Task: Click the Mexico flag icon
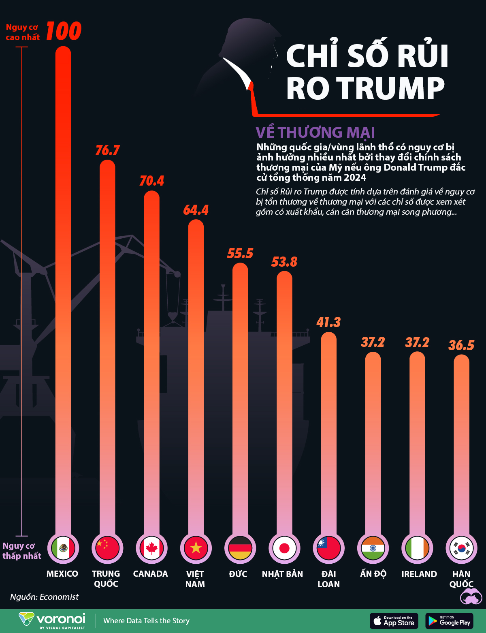coord(63,548)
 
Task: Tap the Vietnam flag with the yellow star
coord(196,548)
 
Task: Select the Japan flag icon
coord(284,548)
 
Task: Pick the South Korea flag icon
coord(462,548)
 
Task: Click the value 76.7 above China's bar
coord(107,150)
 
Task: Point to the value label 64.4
coord(196,210)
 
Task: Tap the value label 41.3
coord(328,322)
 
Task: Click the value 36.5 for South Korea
coord(461,345)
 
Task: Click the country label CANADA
coord(150,574)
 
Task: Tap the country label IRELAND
coord(419,574)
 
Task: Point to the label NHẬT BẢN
coord(282,574)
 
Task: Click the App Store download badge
coord(394,621)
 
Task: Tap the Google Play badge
coord(450,621)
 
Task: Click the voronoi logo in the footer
coord(53,620)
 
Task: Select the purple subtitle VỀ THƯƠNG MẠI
coord(315,133)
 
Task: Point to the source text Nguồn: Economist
coord(45,597)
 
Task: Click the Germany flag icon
coord(240,548)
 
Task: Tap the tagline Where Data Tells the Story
coord(146,621)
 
